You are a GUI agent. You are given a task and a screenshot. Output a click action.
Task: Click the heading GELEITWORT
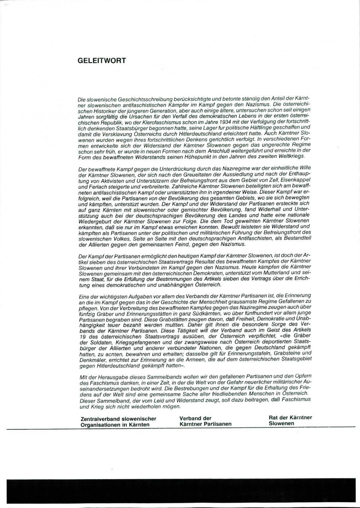coord(102,60)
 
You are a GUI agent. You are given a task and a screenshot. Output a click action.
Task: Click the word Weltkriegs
coord(290,157)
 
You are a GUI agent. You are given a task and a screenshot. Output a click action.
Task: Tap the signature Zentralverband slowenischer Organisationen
coord(118,421)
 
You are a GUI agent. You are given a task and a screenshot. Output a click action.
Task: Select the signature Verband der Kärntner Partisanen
coord(205,421)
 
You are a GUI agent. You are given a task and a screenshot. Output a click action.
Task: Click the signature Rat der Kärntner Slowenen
coord(290,420)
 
